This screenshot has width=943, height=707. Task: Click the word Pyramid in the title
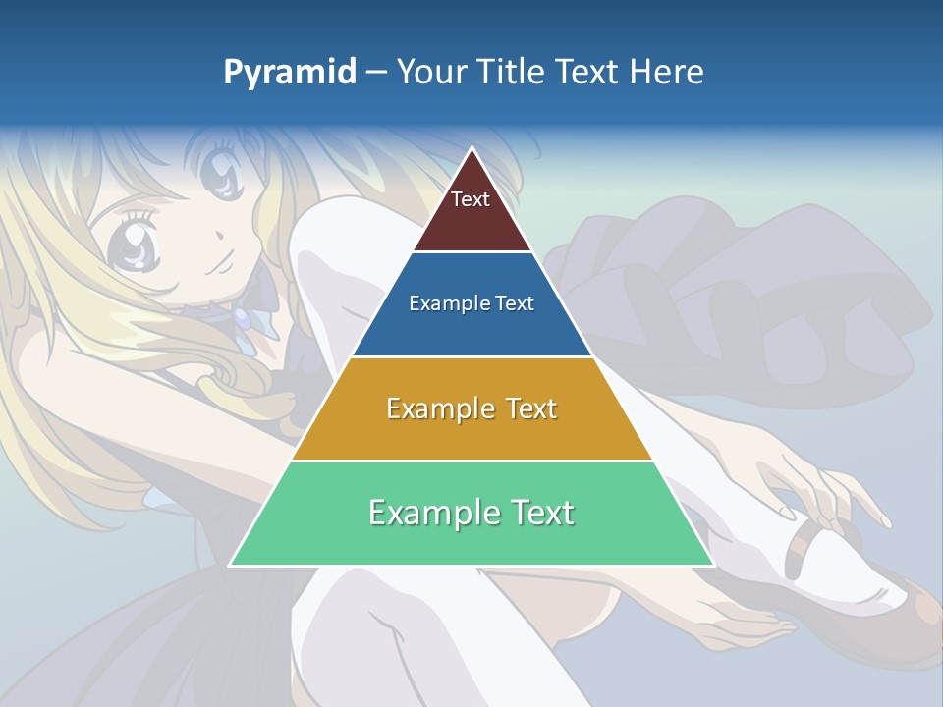pos(290,73)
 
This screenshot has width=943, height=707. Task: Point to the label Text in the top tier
pos(471,199)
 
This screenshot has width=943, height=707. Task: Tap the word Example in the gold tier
pos(439,408)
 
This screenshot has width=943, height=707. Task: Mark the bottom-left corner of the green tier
pos(231,565)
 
